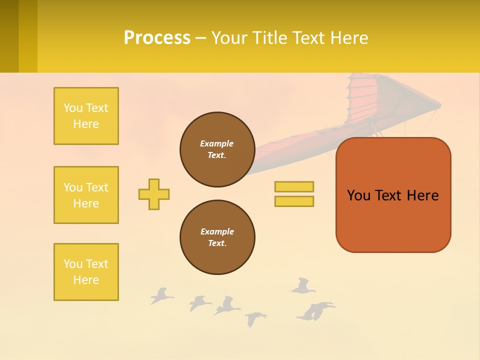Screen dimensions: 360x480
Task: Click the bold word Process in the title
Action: pos(157,38)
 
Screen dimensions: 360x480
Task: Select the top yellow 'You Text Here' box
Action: pos(86,116)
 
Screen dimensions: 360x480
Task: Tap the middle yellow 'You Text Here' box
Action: pos(86,195)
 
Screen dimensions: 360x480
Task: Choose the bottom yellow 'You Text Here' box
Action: pos(86,272)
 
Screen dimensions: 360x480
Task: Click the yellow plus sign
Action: pos(154,194)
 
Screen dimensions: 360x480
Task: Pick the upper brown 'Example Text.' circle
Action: pos(217,149)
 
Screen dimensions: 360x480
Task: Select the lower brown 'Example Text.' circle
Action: pos(217,237)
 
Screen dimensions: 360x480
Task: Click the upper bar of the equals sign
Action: pos(294,186)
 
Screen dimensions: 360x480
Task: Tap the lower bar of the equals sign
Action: pos(294,201)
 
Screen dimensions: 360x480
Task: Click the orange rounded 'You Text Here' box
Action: pos(393,195)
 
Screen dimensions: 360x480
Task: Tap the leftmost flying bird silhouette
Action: pos(161,296)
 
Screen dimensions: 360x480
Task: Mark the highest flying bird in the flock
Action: pos(302,286)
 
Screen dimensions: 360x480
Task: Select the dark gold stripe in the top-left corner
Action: pos(9,36)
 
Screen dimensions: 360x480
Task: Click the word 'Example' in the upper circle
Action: pos(216,143)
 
